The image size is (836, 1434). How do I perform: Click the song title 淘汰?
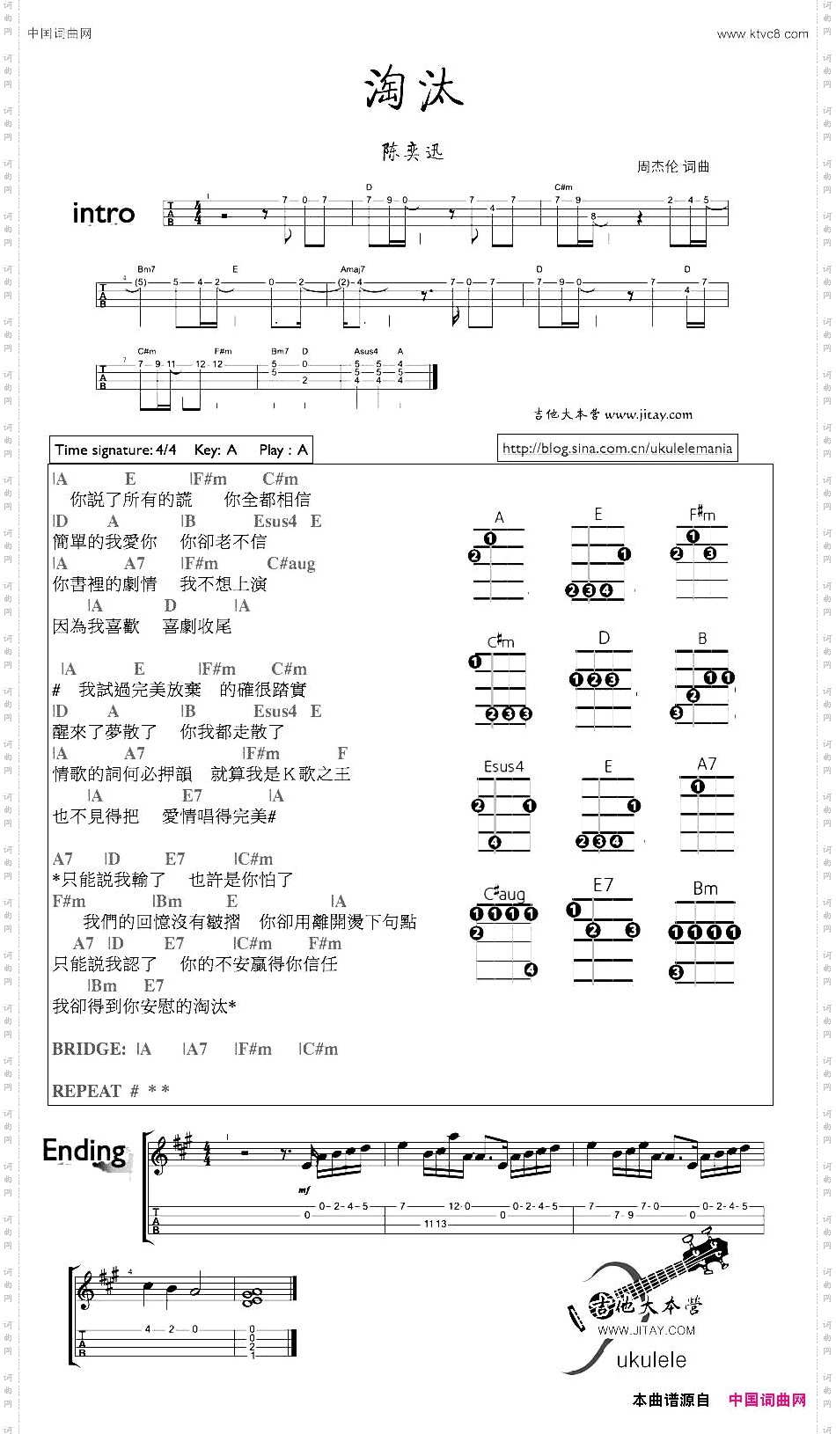[414, 89]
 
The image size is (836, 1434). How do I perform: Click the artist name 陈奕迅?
[413, 152]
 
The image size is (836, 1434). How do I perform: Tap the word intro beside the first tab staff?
[103, 214]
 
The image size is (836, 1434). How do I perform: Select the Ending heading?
[84, 1151]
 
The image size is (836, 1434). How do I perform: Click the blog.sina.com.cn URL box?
[617, 449]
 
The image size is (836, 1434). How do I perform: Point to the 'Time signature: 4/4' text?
[115, 450]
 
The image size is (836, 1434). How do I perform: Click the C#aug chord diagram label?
[504, 894]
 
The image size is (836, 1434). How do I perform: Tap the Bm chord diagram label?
[705, 889]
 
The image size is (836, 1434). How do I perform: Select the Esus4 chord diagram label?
[503, 766]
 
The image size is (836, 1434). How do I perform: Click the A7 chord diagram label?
[707, 764]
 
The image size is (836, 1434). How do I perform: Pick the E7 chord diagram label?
[603, 885]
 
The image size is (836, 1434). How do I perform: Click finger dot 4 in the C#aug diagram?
[531, 969]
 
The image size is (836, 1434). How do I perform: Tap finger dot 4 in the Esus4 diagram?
[495, 842]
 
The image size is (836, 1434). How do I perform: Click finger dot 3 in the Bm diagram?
[676, 972]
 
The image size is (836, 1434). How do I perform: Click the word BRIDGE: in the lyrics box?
[89, 1049]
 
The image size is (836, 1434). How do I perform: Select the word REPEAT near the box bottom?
[86, 1091]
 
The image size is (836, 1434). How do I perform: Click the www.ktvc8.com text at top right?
[762, 34]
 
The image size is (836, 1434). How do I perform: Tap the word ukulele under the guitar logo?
[651, 1359]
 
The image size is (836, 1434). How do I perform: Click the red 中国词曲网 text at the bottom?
[766, 1400]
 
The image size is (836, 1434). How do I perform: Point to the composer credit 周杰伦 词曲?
[673, 166]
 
